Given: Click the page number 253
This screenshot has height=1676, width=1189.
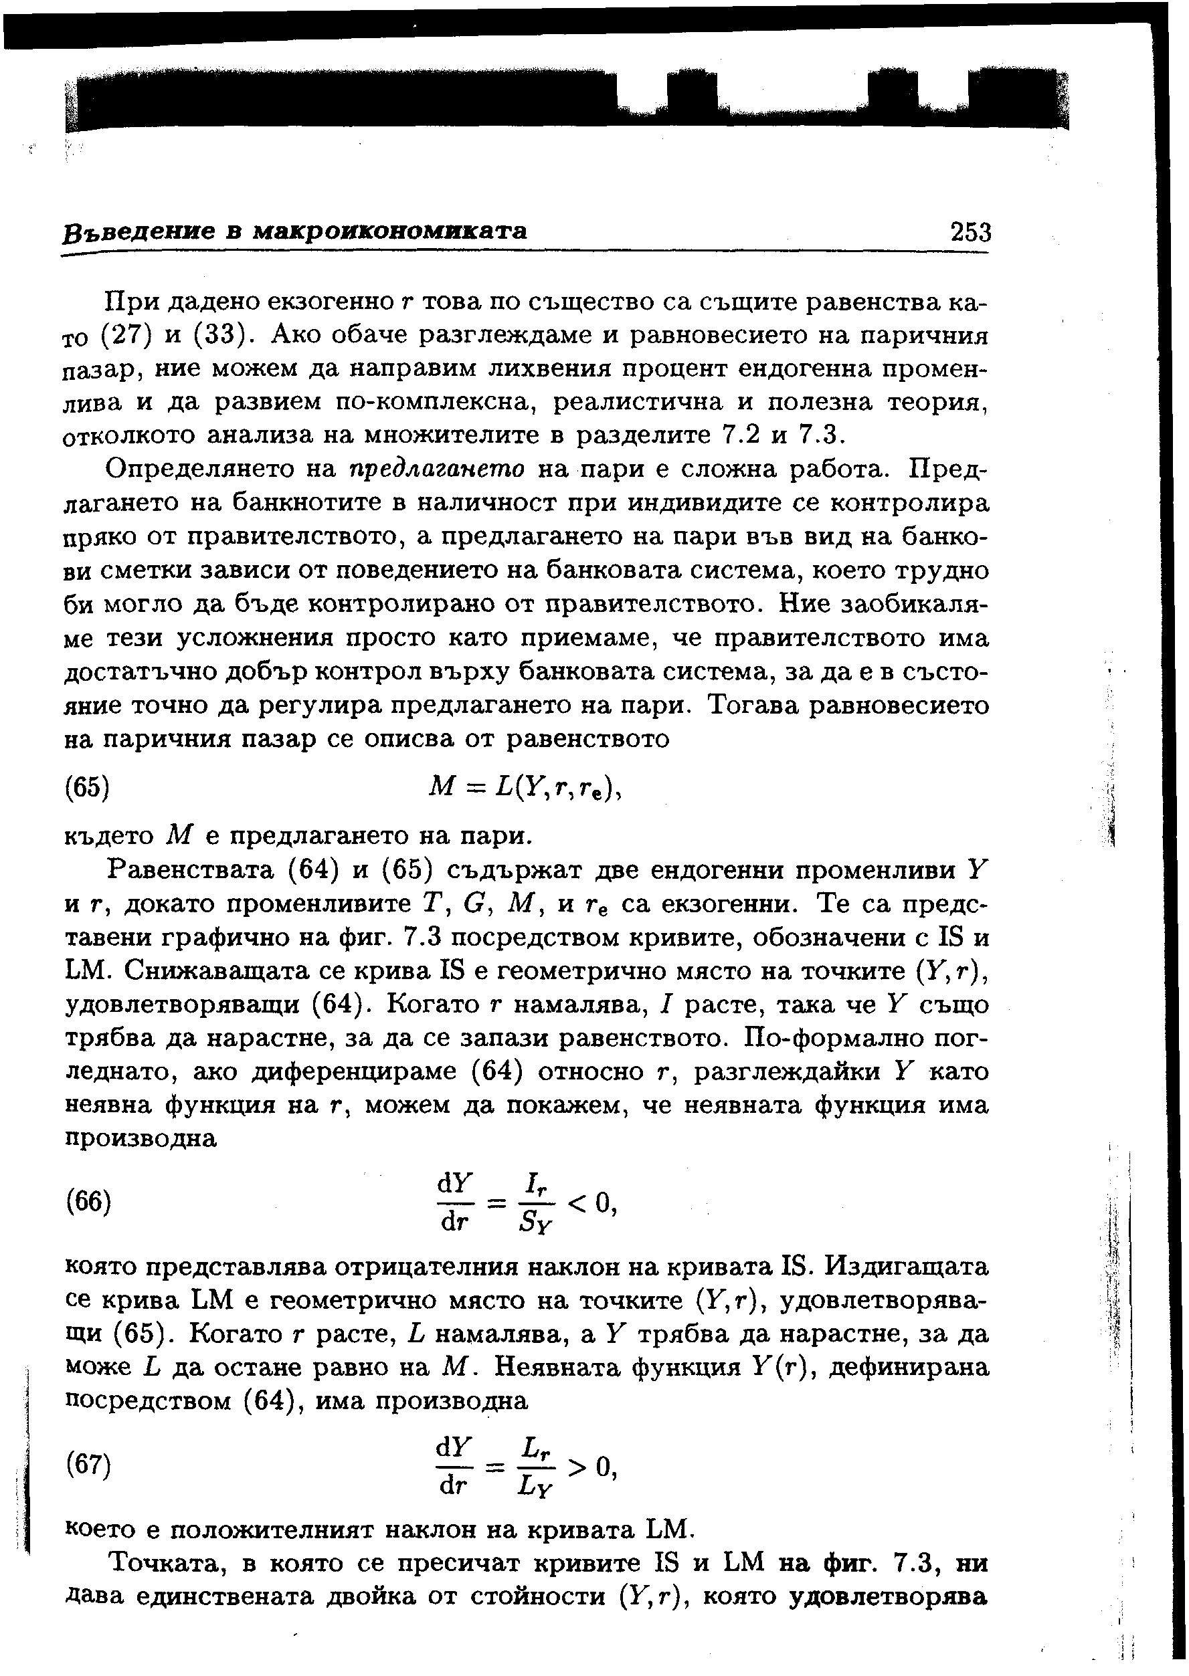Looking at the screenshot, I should (x=970, y=232).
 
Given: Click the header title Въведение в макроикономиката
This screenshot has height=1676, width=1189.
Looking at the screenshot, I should (x=294, y=231).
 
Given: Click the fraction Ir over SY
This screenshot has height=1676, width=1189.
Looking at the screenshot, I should (x=537, y=1202).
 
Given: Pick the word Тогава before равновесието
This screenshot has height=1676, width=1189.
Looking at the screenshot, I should (x=759, y=706).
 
